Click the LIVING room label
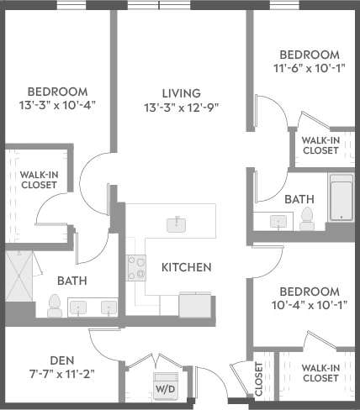(x=181, y=92)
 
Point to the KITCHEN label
(x=186, y=267)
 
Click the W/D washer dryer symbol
(x=166, y=386)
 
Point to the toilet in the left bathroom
(x=54, y=306)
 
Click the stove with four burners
(x=135, y=268)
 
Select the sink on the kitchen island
(x=177, y=223)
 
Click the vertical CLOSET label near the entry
(x=259, y=379)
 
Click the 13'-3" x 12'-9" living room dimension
(x=181, y=108)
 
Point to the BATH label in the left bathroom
(x=72, y=281)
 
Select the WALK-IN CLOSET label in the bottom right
(x=320, y=373)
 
